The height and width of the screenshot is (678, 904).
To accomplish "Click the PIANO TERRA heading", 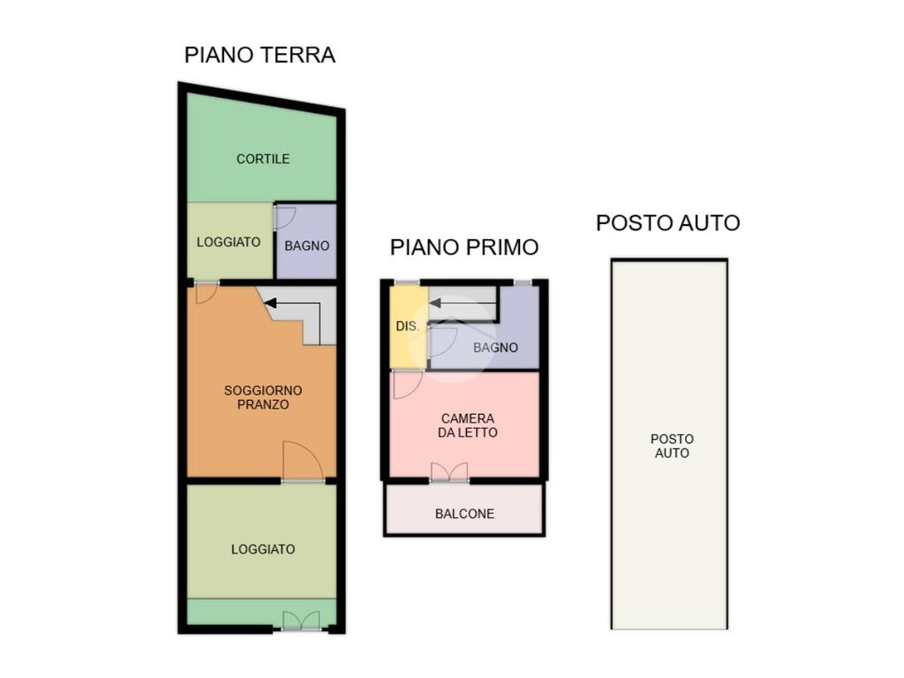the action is (260, 55).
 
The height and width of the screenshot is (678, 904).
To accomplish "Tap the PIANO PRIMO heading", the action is (464, 247).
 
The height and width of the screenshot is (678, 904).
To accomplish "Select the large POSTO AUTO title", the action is (667, 222).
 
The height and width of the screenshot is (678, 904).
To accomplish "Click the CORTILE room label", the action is (263, 159).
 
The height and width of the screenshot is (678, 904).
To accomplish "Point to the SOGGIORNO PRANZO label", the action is (263, 397).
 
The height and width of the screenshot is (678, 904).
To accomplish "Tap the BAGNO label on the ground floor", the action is (306, 245).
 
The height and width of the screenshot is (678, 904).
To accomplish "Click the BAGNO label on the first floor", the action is (495, 348).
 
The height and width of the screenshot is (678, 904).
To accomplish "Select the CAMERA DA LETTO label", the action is (468, 426).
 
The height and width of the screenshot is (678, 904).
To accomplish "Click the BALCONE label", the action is (464, 514).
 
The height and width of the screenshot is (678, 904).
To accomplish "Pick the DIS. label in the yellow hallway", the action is (407, 327).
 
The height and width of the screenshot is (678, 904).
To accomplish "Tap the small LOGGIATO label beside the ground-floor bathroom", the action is (229, 242).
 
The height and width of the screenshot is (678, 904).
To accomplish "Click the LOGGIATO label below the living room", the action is (263, 549).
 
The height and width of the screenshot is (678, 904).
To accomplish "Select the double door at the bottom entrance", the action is (301, 621).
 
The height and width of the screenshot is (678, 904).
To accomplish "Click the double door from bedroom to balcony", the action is (449, 471).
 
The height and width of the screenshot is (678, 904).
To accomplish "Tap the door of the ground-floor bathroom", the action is (285, 217).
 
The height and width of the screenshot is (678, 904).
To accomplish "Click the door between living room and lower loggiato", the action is (302, 461).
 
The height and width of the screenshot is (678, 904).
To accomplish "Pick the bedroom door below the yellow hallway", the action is (406, 385).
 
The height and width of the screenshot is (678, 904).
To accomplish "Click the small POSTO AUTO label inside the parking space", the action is (672, 446).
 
